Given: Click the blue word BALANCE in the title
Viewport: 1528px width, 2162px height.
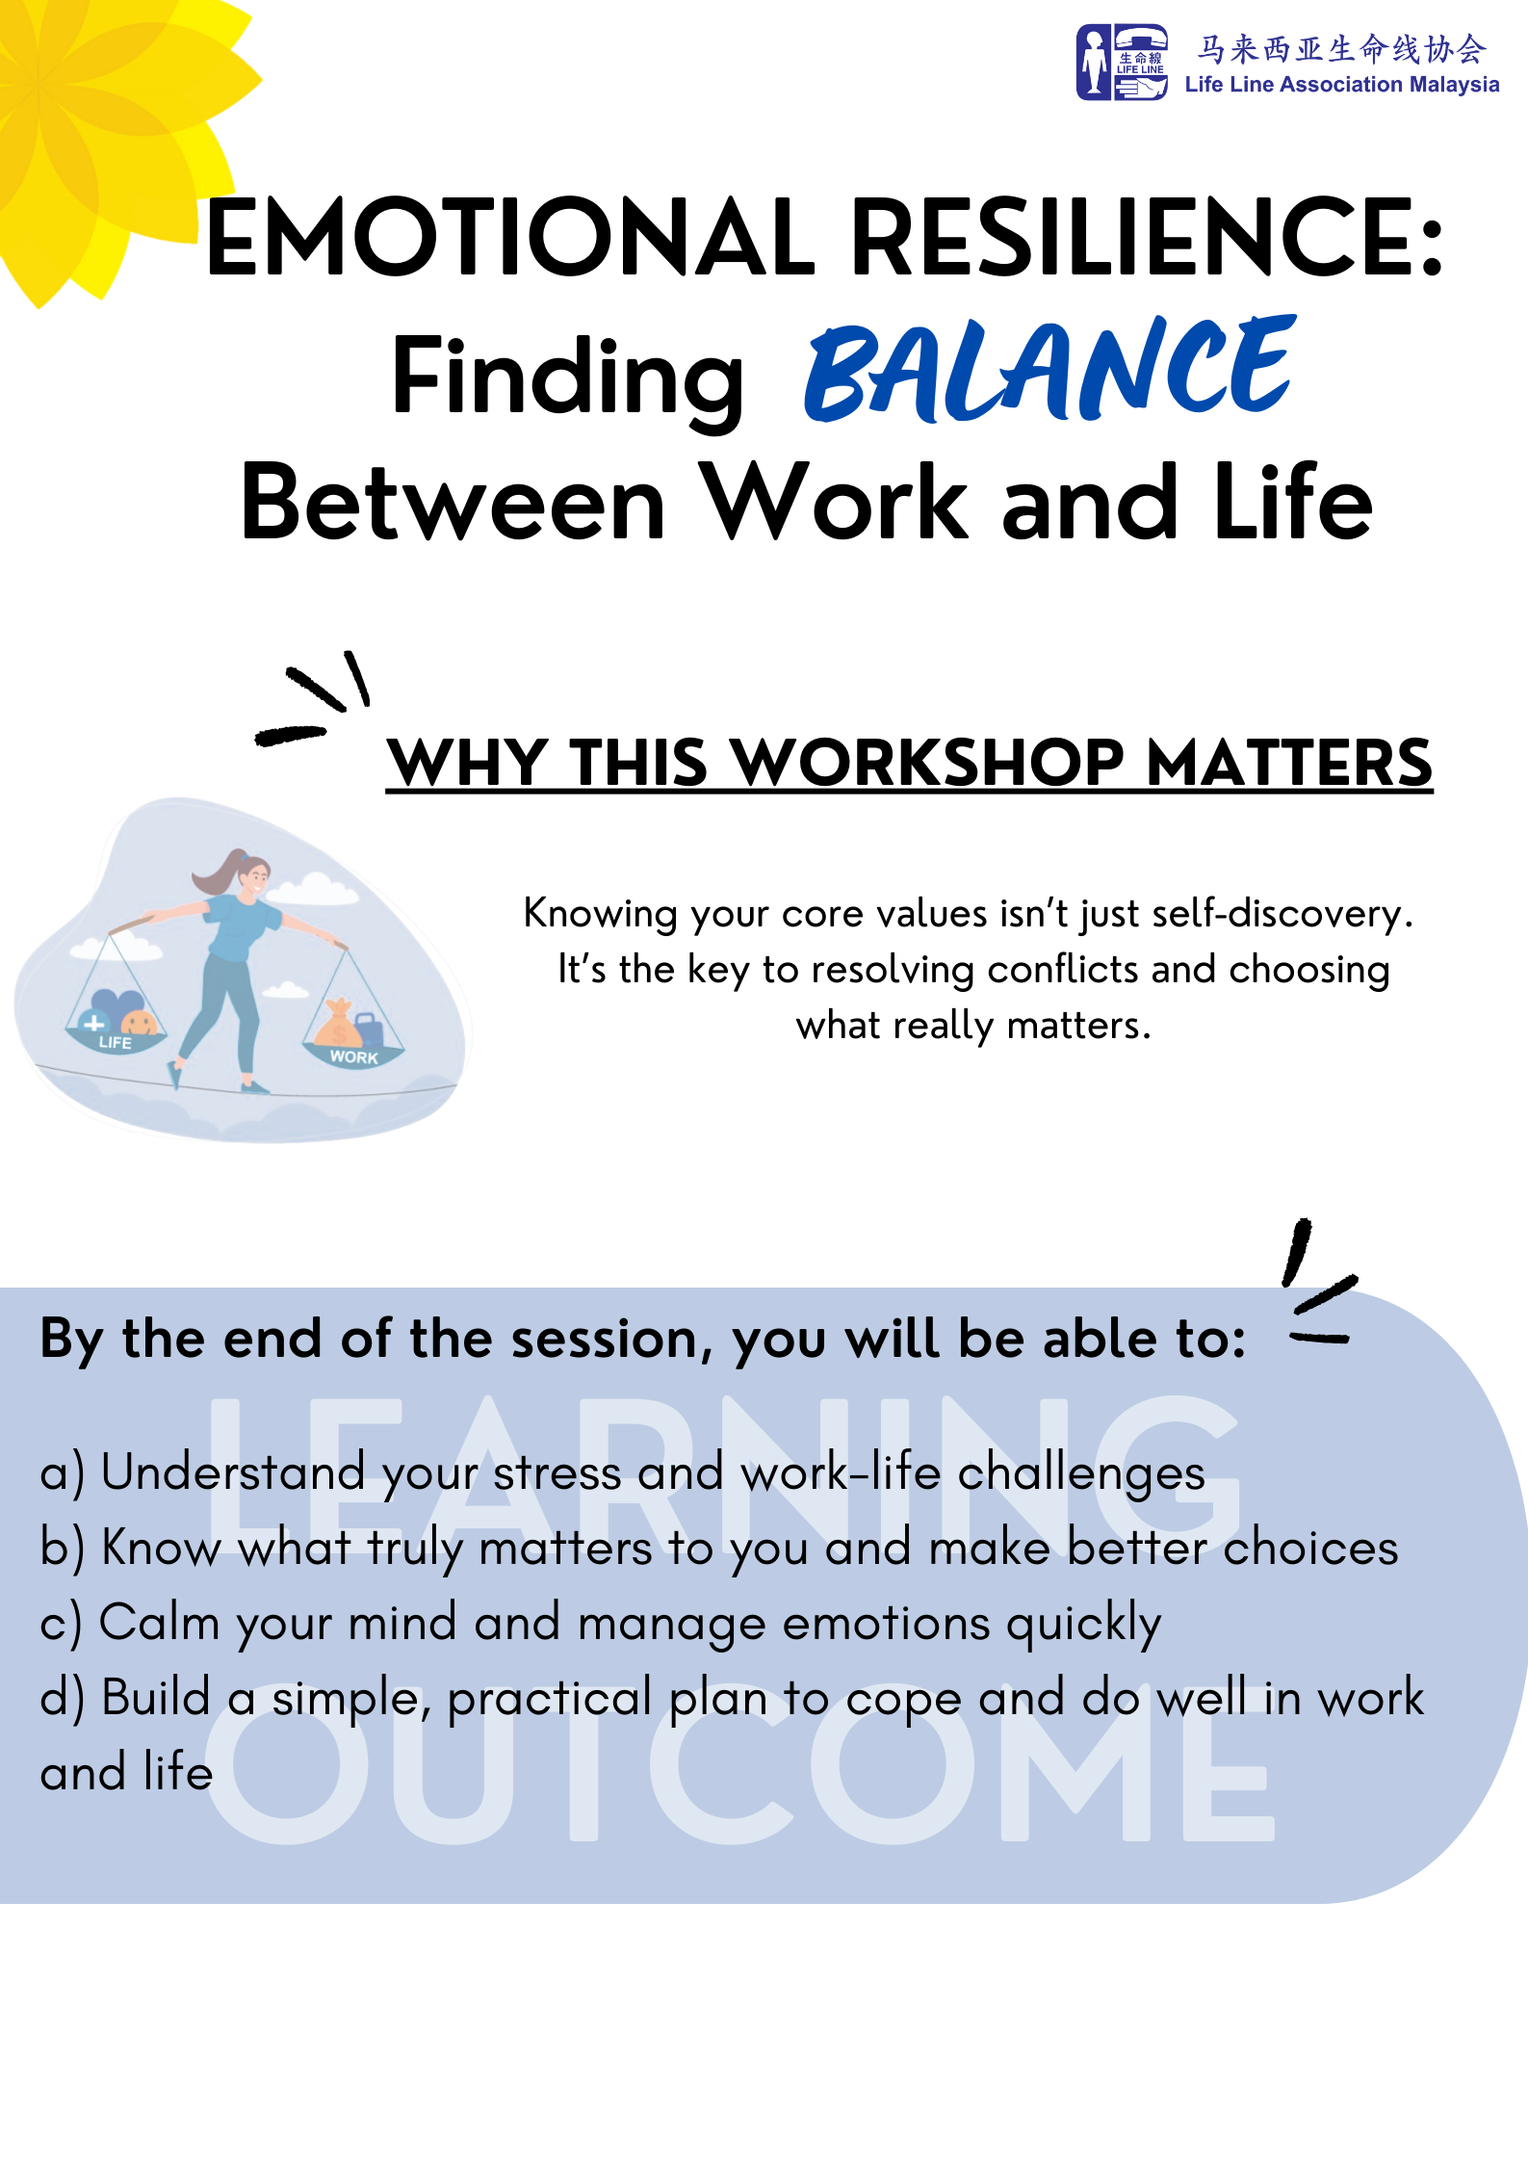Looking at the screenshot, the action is [x=1049, y=370].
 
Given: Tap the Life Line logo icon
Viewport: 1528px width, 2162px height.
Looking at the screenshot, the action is [x=1122, y=63].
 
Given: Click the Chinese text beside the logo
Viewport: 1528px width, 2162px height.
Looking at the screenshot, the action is [x=1341, y=48].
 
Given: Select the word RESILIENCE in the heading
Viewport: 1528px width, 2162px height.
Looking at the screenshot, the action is [x=1146, y=236].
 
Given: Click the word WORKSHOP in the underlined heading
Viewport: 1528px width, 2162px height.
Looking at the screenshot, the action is [x=928, y=763].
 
